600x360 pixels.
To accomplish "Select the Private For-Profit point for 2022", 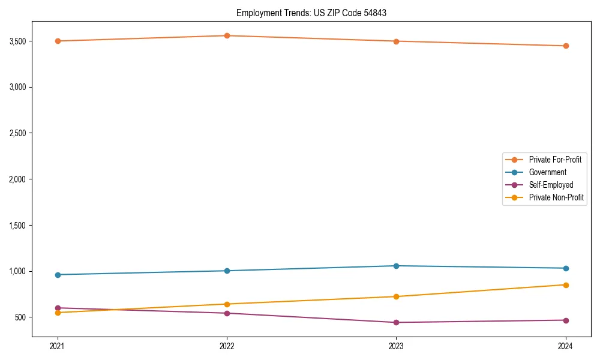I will (227, 35).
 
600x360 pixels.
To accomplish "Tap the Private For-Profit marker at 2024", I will (565, 46).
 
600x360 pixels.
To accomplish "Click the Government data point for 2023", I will (396, 266).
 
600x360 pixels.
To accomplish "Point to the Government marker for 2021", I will (58, 275).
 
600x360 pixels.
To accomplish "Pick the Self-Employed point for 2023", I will (396, 322).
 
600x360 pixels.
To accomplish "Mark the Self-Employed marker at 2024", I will (565, 320).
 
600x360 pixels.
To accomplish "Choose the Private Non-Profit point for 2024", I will (565, 285).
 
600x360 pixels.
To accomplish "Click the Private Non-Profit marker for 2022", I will (227, 304).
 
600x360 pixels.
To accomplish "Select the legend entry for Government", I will (547, 172).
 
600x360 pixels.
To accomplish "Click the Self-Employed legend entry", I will (551, 185).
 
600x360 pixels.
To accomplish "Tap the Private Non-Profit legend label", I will (556, 197).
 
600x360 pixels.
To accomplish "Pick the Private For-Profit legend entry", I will (555, 160).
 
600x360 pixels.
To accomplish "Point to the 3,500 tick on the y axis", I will (17, 41).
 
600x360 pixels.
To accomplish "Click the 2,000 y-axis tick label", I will (17, 179).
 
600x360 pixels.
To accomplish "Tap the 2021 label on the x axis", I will (58, 346).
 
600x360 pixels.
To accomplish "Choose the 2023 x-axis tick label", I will (396, 346).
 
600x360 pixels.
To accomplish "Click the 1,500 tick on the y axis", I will (17, 225).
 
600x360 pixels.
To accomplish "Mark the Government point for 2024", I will (565, 268).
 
